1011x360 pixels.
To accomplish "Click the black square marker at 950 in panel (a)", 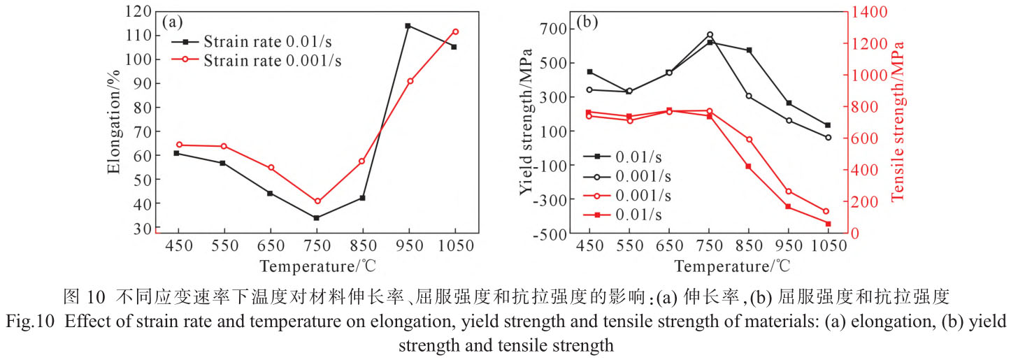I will [x=408, y=26].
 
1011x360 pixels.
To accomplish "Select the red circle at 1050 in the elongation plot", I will [x=455, y=31].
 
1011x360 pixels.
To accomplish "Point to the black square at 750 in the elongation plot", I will [x=317, y=218].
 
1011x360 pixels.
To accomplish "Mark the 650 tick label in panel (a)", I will [x=270, y=246].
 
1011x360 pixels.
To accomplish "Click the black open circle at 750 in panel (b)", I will [x=709, y=34].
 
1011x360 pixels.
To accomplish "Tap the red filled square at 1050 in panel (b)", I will [x=828, y=224].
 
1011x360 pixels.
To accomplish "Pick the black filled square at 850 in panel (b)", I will [x=749, y=50].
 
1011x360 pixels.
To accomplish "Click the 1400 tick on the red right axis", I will [x=866, y=12].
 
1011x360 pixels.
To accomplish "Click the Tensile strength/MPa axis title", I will [x=897, y=121].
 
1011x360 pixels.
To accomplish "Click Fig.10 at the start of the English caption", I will [x=26, y=322].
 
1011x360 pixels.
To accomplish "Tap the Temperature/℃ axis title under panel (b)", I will [x=732, y=266].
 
